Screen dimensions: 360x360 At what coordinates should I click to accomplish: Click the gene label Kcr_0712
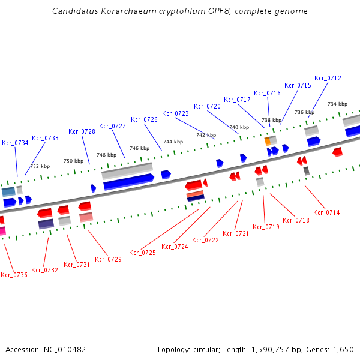(328, 78)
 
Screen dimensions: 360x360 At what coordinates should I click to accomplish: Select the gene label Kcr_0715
(298, 85)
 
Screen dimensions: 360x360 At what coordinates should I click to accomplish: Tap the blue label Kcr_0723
(175, 113)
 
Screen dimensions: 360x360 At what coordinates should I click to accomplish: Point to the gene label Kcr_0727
(112, 126)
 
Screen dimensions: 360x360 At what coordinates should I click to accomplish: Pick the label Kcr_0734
(15, 143)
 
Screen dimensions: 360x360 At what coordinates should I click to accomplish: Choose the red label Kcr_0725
(142, 253)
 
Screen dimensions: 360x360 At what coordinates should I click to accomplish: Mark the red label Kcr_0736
(14, 275)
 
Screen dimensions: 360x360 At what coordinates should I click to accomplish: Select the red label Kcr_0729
(108, 259)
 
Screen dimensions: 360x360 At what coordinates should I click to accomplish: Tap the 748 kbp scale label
(106, 155)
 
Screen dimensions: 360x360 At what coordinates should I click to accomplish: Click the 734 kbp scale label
(337, 104)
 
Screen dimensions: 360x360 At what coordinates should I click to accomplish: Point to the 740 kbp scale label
(239, 127)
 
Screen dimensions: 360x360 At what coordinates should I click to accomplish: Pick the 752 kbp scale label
(40, 166)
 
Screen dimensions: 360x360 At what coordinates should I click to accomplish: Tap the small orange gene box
(268, 142)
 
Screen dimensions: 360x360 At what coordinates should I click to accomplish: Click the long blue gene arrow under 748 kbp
(128, 181)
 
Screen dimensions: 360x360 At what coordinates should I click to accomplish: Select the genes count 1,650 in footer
(343, 349)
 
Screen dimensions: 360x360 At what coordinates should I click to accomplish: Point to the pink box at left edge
(2, 230)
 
